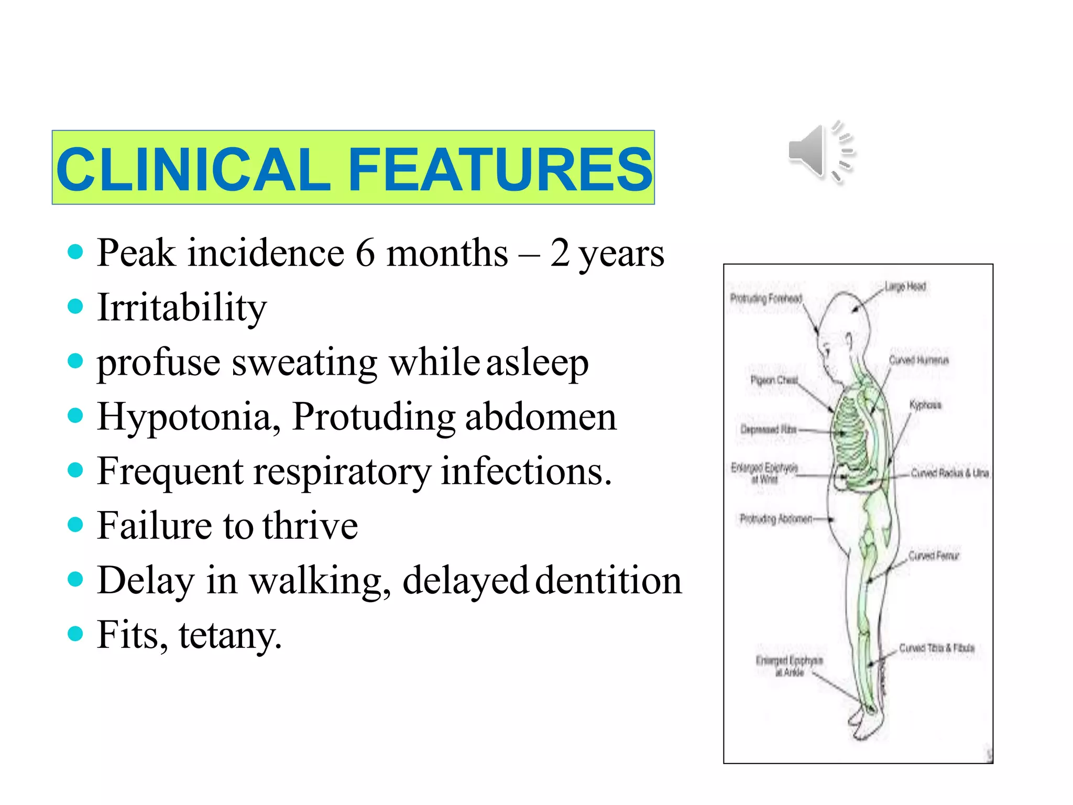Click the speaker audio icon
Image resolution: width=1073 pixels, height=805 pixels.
click(820, 152)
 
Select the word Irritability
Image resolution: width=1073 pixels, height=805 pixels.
click(182, 308)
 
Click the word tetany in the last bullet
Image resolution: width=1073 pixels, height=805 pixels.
click(229, 635)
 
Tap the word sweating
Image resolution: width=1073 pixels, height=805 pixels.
click(304, 363)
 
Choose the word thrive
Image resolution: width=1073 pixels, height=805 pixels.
click(310, 526)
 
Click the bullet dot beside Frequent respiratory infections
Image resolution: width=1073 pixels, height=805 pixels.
click(75, 470)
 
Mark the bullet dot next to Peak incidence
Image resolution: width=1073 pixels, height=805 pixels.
click(75, 252)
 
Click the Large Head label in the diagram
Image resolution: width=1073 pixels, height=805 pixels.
click(905, 287)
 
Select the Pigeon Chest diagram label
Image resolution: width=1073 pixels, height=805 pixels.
click(774, 380)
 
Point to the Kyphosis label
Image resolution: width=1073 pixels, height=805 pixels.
click(925, 405)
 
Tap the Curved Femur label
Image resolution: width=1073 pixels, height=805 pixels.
click(933, 556)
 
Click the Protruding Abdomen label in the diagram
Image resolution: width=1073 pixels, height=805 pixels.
click(775, 519)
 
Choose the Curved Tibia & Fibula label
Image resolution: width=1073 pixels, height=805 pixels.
click(936, 648)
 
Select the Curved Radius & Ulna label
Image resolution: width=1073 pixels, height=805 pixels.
click(949, 473)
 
